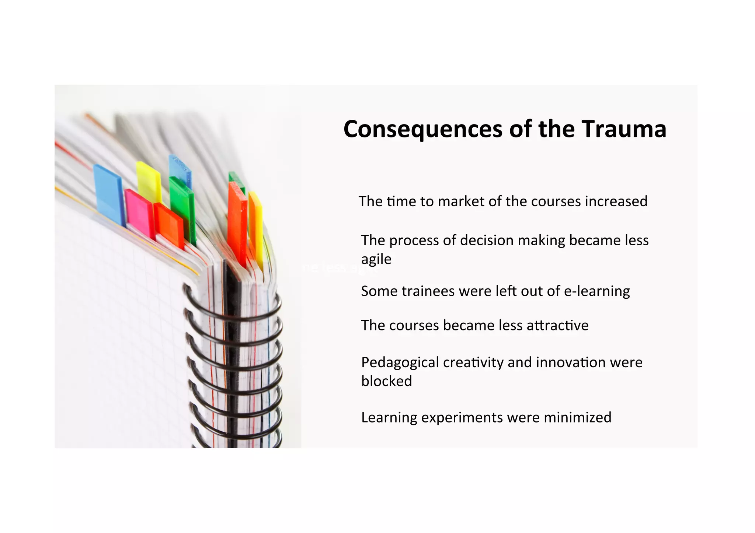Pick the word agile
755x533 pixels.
(376, 259)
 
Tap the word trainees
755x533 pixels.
(428, 291)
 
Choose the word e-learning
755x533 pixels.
(597, 291)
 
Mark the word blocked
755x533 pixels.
(386, 381)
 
